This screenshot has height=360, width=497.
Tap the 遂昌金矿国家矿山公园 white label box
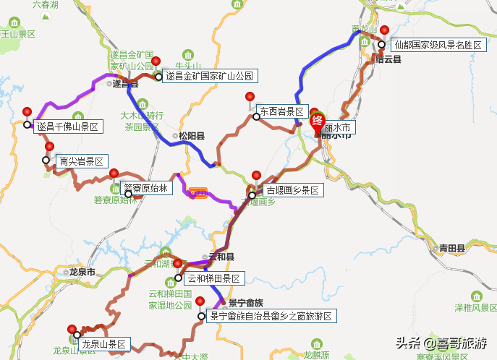pyautogui.click(x=210, y=76)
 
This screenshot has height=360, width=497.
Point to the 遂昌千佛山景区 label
pyautogui.click(x=68, y=127)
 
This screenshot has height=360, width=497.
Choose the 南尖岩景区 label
pyautogui.click(x=82, y=160)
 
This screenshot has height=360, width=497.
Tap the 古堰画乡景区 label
pyautogui.click(x=292, y=191)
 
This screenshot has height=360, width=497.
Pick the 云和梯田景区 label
pyautogui.click(x=215, y=278)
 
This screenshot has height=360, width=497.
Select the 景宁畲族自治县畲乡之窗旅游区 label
pyautogui.click(x=271, y=316)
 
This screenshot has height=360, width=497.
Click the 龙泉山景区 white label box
pyautogui.click(x=103, y=345)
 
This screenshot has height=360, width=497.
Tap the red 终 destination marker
pyautogui.click(x=318, y=121)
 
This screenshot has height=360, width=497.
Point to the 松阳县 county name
pyautogui.click(x=192, y=135)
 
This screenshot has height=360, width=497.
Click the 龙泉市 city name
pyautogui.click(x=82, y=273)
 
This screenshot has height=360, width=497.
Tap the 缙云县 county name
pyautogui.click(x=388, y=59)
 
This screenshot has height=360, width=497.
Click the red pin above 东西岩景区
pyautogui.click(x=250, y=98)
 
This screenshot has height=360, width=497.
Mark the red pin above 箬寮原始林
pyautogui.click(x=114, y=173)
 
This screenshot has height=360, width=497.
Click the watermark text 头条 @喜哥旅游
pyautogui.click(x=441, y=342)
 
